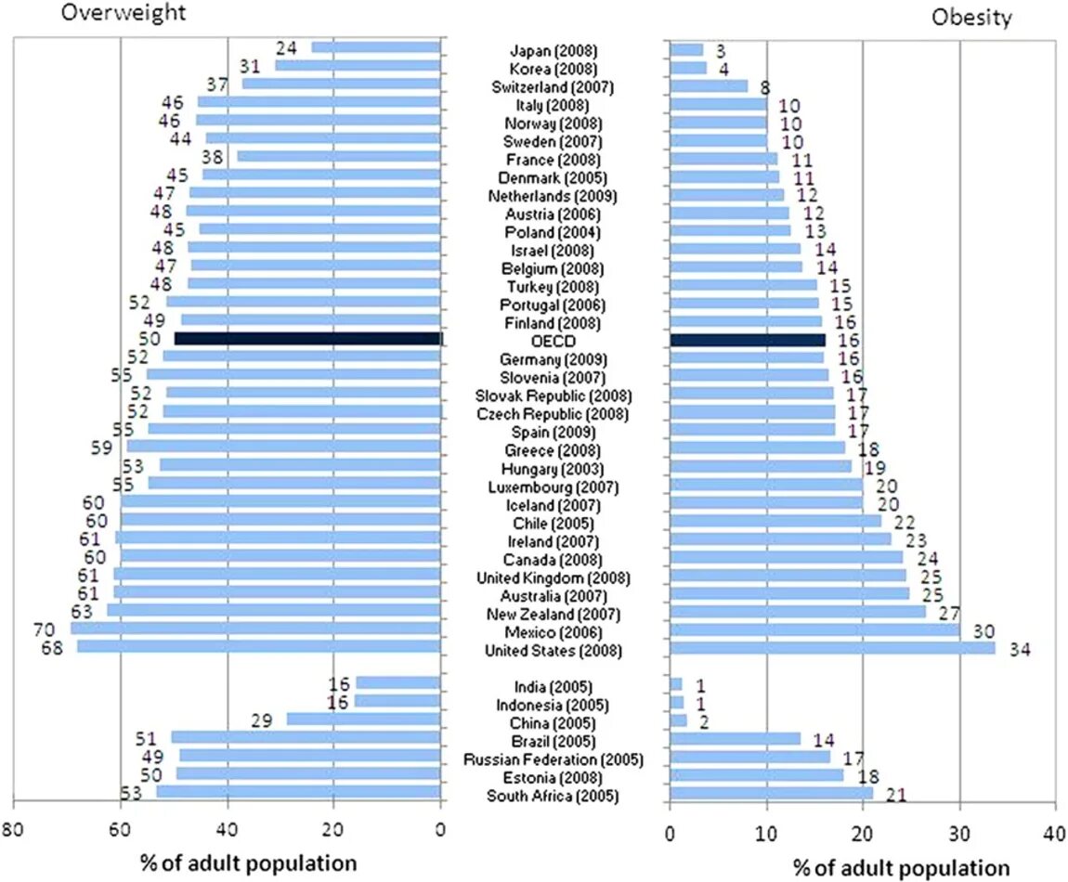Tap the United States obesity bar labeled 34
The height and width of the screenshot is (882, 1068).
(x=832, y=648)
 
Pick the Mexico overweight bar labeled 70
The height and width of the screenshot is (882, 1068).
(x=255, y=629)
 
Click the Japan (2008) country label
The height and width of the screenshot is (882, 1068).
(x=554, y=50)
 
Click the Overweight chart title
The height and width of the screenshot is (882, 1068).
(x=123, y=13)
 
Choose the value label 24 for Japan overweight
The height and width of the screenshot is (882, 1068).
(x=287, y=47)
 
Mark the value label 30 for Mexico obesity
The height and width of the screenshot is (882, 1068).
(x=983, y=630)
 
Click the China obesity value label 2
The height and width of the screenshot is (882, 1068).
(x=703, y=721)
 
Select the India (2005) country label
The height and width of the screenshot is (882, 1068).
(x=554, y=687)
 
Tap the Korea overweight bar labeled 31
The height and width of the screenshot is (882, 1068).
(x=358, y=65)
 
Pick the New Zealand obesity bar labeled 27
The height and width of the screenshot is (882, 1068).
(x=797, y=611)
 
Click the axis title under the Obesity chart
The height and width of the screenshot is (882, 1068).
(x=901, y=868)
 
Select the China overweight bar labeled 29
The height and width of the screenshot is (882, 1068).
(x=363, y=719)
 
